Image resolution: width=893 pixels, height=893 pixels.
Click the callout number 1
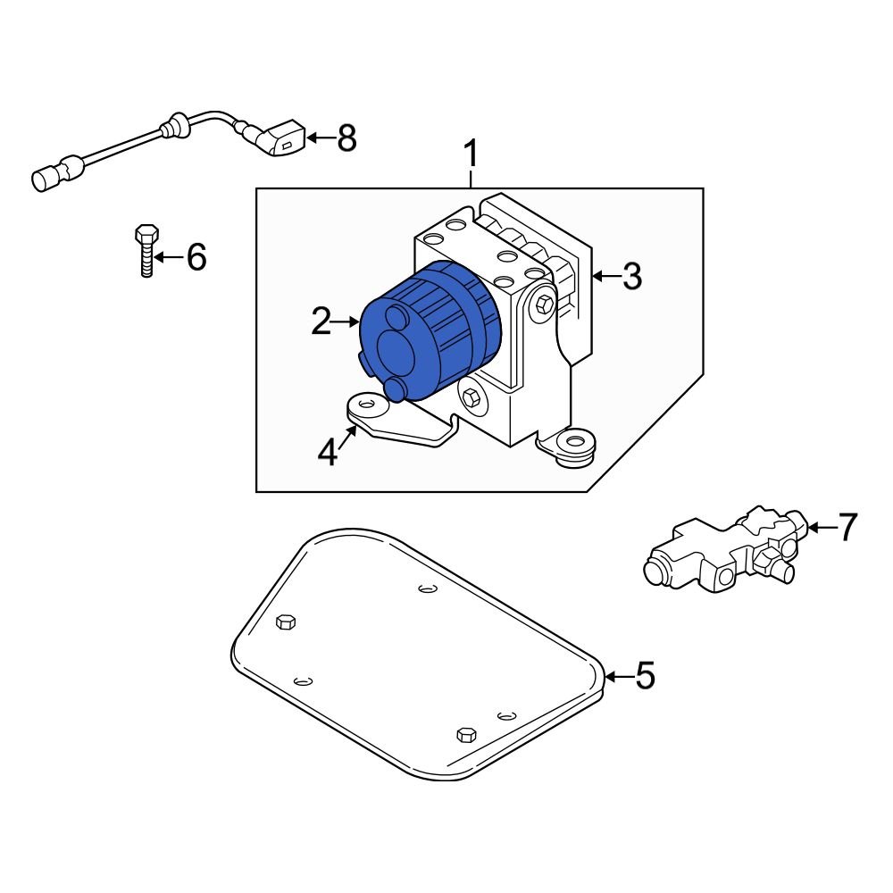pyautogui.click(x=471, y=155)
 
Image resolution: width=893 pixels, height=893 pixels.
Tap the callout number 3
pyautogui.click(x=631, y=277)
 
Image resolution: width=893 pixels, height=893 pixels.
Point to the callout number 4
pyautogui.click(x=329, y=454)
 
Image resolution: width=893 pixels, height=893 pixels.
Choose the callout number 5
pyautogui.click(x=644, y=676)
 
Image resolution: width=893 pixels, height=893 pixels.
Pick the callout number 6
pyautogui.click(x=196, y=258)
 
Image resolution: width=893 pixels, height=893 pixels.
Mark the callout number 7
pyautogui.click(x=846, y=528)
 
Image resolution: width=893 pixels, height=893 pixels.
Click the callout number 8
pyautogui.click(x=345, y=138)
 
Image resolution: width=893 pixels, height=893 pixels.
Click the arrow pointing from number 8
pyautogui.click(x=319, y=138)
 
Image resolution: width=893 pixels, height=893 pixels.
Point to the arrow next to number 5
pyautogui.click(x=618, y=676)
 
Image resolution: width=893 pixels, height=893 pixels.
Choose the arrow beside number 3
pyautogui.click(x=605, y=277)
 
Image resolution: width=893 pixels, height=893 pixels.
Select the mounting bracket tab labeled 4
pyautogui.click(x=366, y=410)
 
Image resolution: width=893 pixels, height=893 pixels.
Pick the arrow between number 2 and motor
pyautogui.click(x=345, y=321)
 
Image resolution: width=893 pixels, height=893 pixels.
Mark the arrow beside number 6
pyautogui.click(x=169, y=258)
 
